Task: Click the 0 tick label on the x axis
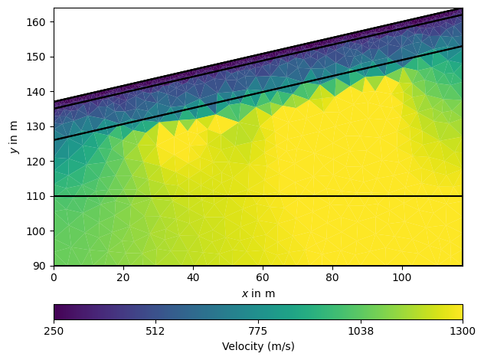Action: (x=54, y=277)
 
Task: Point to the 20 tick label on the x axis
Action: (x=123, y=277)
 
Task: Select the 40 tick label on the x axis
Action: (x=193, y=277)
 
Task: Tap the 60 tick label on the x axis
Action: (x=263, y=277)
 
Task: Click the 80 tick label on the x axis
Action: (x=332, y=277)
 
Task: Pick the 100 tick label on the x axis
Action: (x=402, y=277)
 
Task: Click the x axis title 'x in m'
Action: (x=258, y=293)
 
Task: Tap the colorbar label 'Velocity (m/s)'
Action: (x=258, y=346)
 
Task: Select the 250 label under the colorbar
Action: (x=54, y=331)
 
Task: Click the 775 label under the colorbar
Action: (x=258, y=331)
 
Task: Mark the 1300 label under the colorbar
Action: (x=463, y=331)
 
